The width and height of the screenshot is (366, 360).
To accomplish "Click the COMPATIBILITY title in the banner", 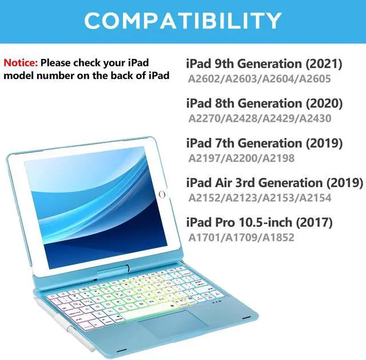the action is click(183, 21).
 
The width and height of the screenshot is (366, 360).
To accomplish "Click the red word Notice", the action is click(21, 63).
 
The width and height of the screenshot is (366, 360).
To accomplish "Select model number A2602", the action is click(204, 79).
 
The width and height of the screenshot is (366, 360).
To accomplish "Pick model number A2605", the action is click(315, 79).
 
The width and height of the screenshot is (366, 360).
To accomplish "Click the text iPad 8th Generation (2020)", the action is click(264, 103).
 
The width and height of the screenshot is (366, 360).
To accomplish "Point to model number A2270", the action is click(204, 118).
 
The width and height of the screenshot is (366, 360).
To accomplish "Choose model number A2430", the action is click(315, 118).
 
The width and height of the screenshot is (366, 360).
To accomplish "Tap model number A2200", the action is click(241, 158).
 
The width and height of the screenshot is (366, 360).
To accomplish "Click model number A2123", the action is click(241, 198).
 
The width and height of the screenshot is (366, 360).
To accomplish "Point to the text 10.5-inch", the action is click(265, 222).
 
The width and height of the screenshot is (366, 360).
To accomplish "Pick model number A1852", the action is click(279, 238).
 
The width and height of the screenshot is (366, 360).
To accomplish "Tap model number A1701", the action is click(204, 238).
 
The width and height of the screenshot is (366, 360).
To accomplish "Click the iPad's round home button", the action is click(162, 195).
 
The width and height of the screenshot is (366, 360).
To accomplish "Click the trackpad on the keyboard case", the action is click(173, 323).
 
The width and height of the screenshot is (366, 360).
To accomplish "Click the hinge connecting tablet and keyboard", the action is click(113, 269).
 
